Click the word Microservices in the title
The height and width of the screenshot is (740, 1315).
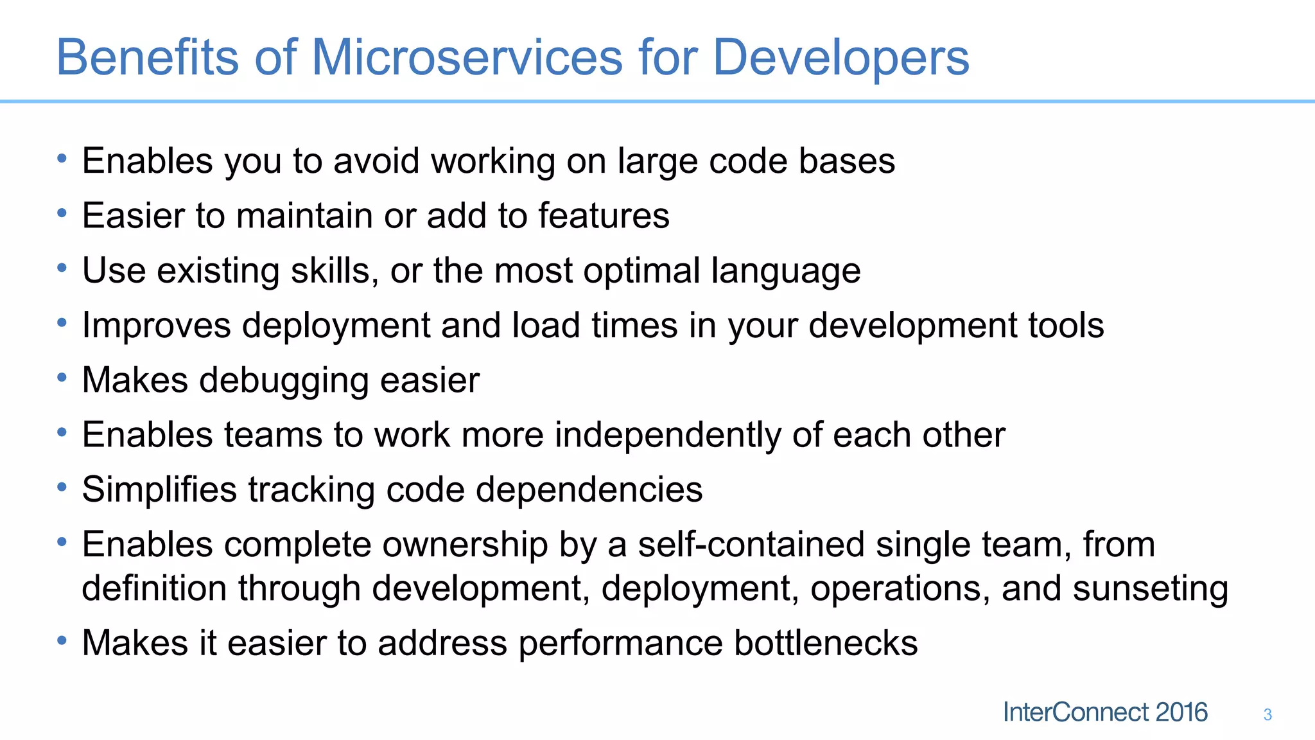pyautogui.click(x=467, y=57)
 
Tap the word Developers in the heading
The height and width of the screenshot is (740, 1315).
pyautogui.click(x=840, y=57)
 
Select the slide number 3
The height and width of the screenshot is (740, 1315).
pyautogui.click(x=1267, y=714)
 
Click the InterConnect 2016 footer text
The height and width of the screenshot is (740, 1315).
pyautogui.click(x=1105, y=712)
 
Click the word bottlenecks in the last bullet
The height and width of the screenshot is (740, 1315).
pyautogui.click(x=826, y=643)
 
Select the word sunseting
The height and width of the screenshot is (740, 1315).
pyautogui.click(x=1151, y=588)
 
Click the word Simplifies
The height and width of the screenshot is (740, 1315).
pyautogui.click(x=159, y=489)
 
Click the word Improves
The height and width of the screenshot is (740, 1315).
pyautogui.click(x=156, y=325)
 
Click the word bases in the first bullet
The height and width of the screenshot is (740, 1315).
pyautogui.click(x=847, y=161)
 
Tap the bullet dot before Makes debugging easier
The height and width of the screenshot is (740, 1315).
pyautogui.click(x=62, y=378)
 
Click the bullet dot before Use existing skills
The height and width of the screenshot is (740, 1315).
pyautogui.click(x=62, y=268)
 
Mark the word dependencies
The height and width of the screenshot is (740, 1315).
pyautogui.click(x=589, y=489)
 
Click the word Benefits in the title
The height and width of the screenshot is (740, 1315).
pyautogui.click(x=147, y=57)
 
